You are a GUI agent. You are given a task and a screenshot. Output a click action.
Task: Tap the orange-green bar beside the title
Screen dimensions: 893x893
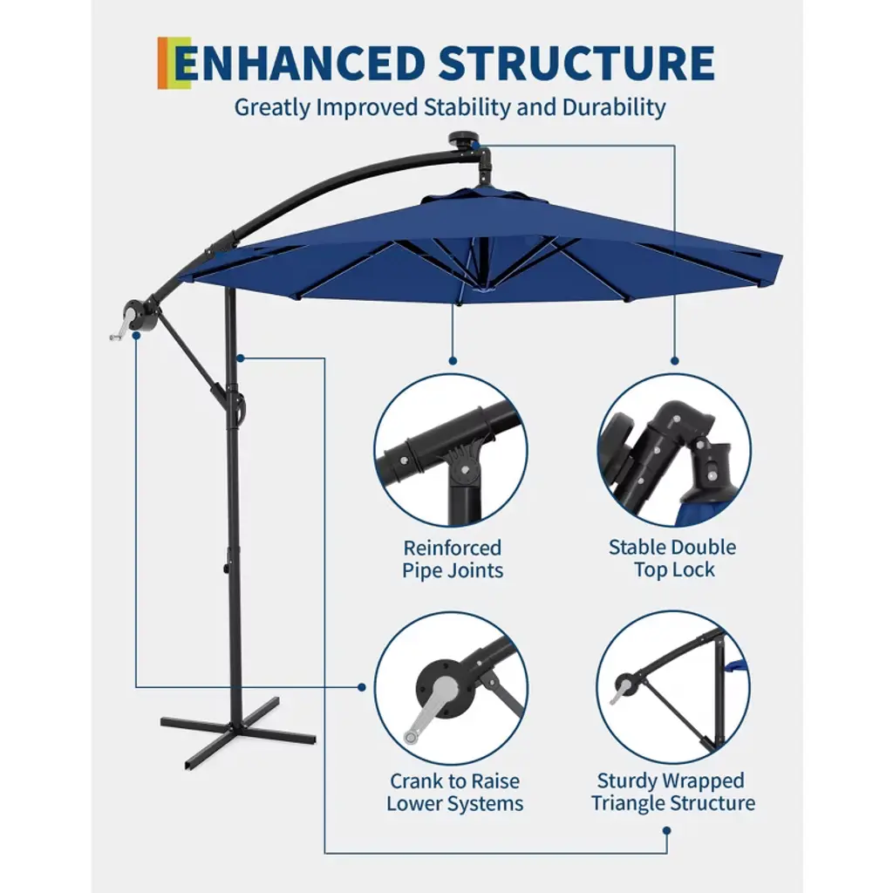click(174, 63)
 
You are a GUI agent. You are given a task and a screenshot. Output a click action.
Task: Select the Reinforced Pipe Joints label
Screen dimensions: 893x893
click(453, 559)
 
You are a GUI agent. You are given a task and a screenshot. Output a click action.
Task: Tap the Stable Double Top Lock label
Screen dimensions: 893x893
click(672, 558)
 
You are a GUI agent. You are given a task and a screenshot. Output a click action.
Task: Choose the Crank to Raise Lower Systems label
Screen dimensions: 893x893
click(454, 792)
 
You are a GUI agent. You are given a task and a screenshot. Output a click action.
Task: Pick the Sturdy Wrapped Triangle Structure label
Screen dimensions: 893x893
click(672, 792)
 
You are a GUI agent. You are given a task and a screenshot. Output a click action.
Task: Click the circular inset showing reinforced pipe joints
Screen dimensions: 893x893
click(451, 451)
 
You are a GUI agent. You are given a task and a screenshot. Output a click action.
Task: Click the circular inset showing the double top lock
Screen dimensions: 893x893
click(674, 451)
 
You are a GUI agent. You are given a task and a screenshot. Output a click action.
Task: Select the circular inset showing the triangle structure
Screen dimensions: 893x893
click(673, 687)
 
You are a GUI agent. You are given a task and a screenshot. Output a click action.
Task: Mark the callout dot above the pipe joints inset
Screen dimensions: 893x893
click(453, 360)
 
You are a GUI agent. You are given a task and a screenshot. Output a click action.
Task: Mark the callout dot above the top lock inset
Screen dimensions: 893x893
click(675, 360)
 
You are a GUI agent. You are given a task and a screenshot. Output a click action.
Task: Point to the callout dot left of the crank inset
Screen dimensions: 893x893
click(362, 687)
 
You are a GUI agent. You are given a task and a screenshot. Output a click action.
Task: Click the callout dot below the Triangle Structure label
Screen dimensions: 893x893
click(667, 831)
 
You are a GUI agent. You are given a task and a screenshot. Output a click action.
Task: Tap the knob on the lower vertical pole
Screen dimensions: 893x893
click(226, 569)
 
